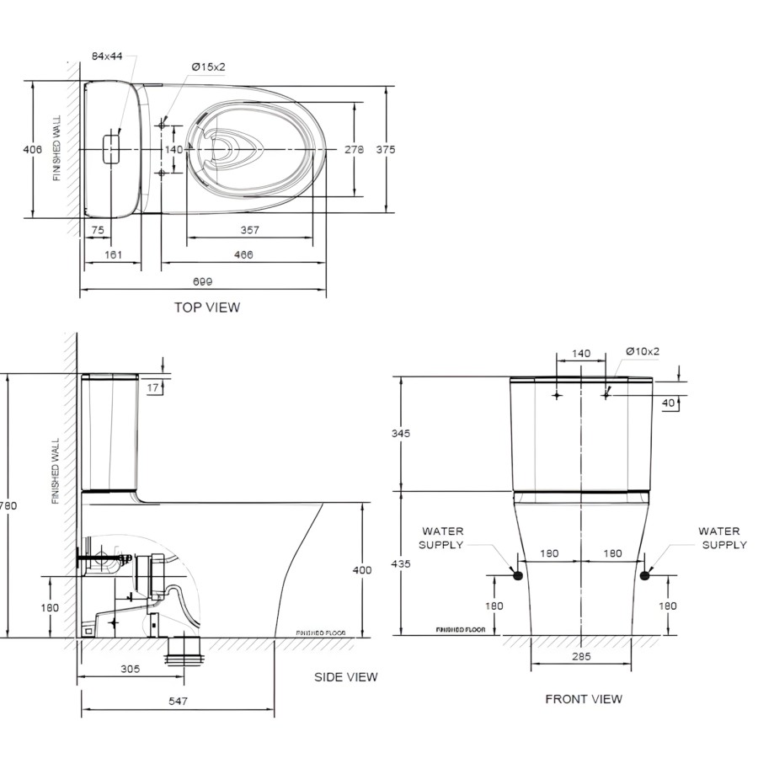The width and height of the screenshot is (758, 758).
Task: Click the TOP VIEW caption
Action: click(x=206, y=307)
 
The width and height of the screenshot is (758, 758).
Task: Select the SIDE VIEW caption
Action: click(x=345, y=677)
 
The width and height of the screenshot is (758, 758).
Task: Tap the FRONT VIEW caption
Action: click(x=584, y=699)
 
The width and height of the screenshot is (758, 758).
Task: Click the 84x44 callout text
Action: click(x=107, y=56)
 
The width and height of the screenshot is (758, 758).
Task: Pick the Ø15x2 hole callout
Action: click(x=208, y=67)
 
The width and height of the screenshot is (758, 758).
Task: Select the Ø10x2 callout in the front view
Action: click(x=643, y=351)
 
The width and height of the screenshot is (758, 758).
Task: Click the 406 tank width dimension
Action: click(x=32, y=149)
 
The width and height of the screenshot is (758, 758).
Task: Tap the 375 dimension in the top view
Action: click(x=386, y=149)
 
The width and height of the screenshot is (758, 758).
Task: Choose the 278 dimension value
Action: click(x=354, y=149)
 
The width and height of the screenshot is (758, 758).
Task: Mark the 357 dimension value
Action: click(x=249, y=230)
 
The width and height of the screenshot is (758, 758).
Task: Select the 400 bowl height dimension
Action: click(x=361, y=570)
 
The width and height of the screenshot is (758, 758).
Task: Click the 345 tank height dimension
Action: click(x=401, y=434)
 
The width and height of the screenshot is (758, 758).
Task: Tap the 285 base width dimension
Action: click(x=581, y=656)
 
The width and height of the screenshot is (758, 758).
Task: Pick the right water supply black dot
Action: click(x=646, y=575)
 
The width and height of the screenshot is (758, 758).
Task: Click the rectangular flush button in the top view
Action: click(x=110, y=149)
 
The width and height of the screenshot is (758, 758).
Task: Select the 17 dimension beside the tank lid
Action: click(x=152, y=387)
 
